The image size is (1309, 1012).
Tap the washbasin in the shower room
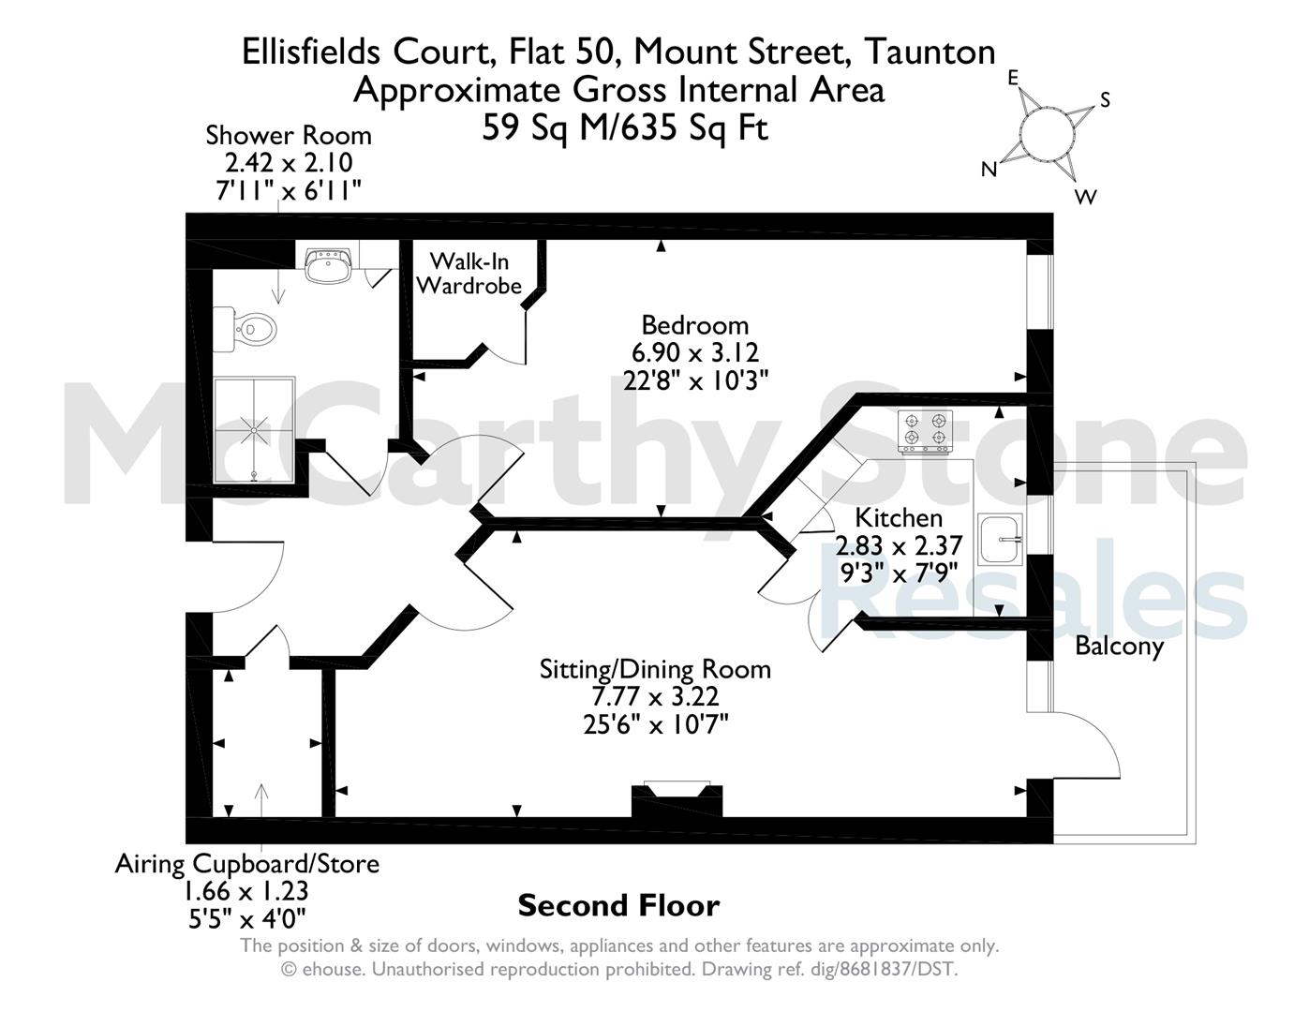click(327, 266)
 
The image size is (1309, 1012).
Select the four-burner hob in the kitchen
click(925, 431)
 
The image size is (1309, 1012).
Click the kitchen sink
click(1000, 539)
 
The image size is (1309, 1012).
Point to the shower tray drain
click(254, 431)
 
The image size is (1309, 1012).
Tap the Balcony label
click(1119, 647)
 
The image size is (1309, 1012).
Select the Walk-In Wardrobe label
click(469, 274)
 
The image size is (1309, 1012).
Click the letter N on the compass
click(989, 170)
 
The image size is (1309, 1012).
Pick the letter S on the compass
click(1105, 100)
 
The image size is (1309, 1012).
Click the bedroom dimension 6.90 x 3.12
click(695, 351)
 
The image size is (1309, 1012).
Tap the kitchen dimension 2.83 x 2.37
click(899, 545)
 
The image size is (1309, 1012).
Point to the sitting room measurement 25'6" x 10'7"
click(656, 724)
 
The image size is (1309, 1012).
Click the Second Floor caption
click(618, 906)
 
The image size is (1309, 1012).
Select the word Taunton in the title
click(930, 52)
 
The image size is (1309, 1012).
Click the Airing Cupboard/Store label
click(247, 864)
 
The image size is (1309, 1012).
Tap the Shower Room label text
click(289, 136)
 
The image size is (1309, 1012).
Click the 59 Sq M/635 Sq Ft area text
click(625, 128)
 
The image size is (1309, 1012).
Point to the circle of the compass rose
click(1047, 134)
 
